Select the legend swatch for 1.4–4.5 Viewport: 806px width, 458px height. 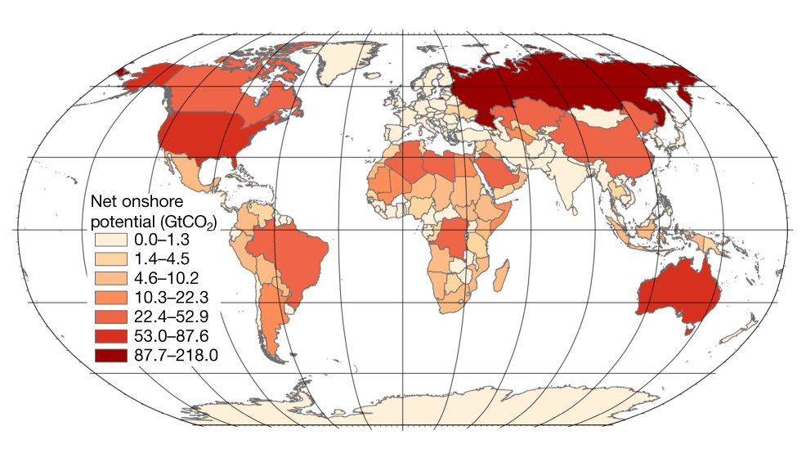tap(110, 258)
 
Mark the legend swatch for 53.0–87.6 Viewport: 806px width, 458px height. tap(110, 336)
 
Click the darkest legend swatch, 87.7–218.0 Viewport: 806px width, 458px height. tap(110, 356)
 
